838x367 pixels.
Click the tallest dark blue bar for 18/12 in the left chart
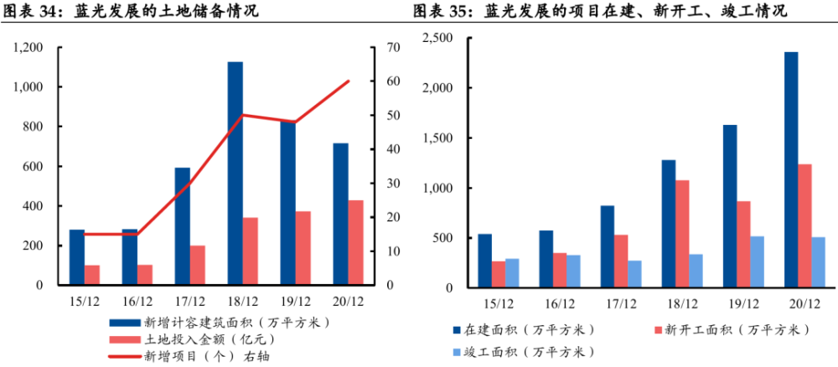(235, 173)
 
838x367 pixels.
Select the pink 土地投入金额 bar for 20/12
(356, 242)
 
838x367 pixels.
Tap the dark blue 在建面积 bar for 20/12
(791, 170)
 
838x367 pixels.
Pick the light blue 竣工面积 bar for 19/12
(758, 262)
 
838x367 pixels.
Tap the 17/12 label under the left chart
(189, 302)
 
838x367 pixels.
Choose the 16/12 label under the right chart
(560, 304)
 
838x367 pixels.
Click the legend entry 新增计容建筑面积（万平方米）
(219, 323)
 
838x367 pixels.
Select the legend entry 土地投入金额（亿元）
(193, 339)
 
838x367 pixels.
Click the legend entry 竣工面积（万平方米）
(523, 352)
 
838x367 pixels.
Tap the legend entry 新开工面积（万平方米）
(732, 330)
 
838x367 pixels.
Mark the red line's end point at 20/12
(349, 81)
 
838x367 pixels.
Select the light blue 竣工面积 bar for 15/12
(512, 273)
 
